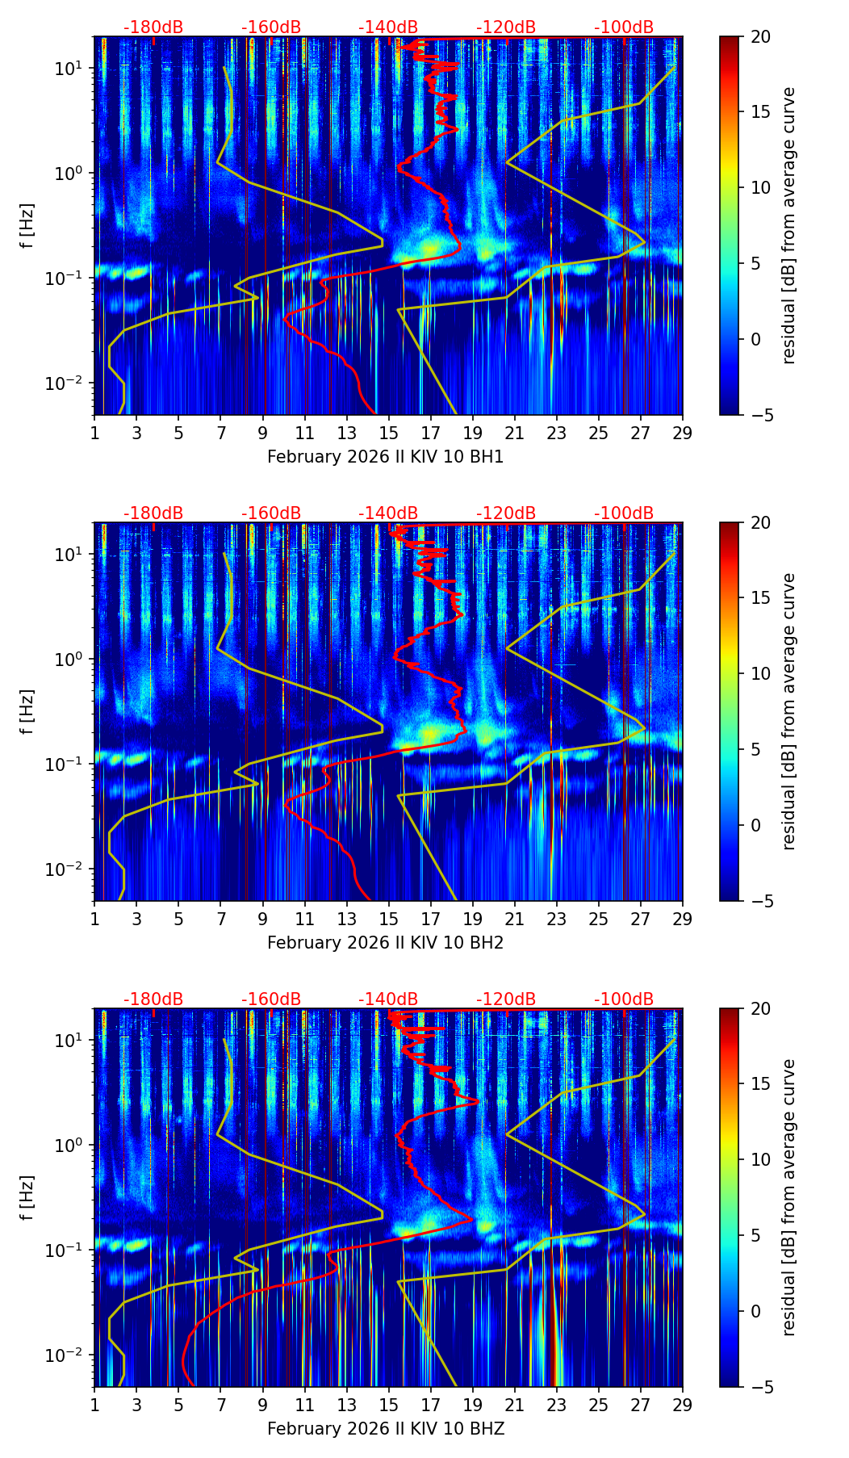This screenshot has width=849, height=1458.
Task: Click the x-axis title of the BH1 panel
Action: tap(385, 457)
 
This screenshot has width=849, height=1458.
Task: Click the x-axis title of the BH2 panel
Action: tap(385, 943)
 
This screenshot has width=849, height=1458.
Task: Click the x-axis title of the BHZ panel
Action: tap(385, 1429)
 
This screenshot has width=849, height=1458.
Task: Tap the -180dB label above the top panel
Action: tap(153, 27)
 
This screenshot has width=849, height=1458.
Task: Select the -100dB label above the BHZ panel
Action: tap(624, 999)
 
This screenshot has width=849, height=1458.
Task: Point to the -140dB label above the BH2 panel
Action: tap(388, 513)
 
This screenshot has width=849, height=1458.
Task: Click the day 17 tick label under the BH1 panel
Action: tap(431, 432)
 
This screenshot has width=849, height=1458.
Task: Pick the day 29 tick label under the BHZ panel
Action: tap(683, 1404)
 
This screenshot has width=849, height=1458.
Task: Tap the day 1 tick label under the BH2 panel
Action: tap(94, 918)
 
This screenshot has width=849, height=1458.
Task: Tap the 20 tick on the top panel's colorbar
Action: tap(760, 36)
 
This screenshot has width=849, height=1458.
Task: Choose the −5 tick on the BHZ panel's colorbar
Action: tap(760, 1387)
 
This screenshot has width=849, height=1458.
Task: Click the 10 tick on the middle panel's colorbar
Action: tap(760, 673)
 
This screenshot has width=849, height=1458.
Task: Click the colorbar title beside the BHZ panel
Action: tap(788, 1197)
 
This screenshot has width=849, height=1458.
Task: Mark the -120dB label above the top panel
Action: tap(506, 27)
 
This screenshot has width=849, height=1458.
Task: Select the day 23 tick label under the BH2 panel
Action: tap(557, 918)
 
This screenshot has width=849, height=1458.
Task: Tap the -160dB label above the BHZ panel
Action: tap(271, 999)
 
